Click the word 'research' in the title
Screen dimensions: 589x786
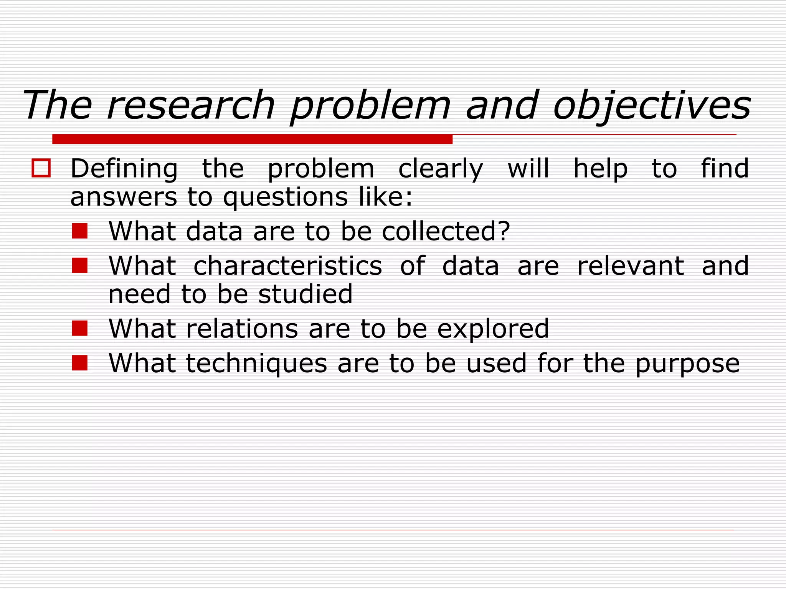pyautogui.click(x=191, y=105)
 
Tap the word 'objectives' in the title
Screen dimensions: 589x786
pyautogui.click(x=652, y=105)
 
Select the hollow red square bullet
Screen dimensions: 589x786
pyautogui.click(x=41, y=168)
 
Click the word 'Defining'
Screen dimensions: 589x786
pyautogui.click(x=124, y=169)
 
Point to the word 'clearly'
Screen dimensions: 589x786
pyautogui.click(x=441, y=169)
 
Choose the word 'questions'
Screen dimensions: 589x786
pyautogui.click(x=286, y=197)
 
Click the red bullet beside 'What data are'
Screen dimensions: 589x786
pyautogui.click(x=80, y=231)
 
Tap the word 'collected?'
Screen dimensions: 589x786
pyautogui.click(x=446, y=231)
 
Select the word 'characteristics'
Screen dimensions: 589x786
pyautogui.click(x=287, y=266)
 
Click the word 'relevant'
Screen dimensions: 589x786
pyautogui.click(x=631, y=266)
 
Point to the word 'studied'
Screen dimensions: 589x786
pyautogui.click(x=305, y=294)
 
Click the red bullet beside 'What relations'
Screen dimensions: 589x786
pyautogui.click(x=80, y=329)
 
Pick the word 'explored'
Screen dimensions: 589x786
pyautogui.click(x=493, y=329)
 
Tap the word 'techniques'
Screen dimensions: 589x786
pyautogui.click(x=256, y=363)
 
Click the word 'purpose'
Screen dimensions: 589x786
pyautogui.click(x=687, y=364)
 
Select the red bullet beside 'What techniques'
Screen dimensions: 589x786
pyautogui.click(x=80, y=363)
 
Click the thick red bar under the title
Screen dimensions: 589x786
pyautogui.click(x=252, y=139)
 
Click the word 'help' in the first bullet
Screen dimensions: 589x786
pyautogui.click(x=601, y=169)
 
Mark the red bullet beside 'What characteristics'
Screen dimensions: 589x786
pyautogui.click(x=80, y=265)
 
